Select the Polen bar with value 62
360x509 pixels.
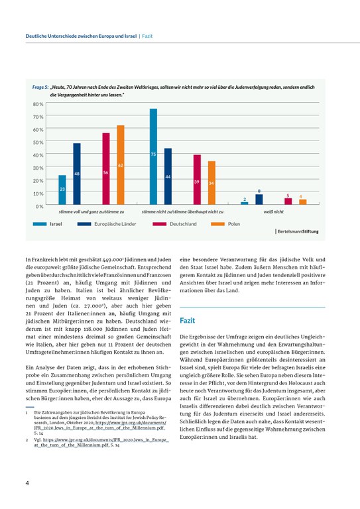pyautogui.click(x=121, y=166)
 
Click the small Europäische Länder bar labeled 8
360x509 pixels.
pyautogui.click(x=259, y=200)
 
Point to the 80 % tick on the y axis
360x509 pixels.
pyautogui.click(x=38, y=105)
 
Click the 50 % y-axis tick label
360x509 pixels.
pyautogui.click(x=38, y=142)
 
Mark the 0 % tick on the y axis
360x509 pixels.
pyautogui.click(x=39, y=206)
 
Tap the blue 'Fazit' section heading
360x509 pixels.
pyautogui.click(x=188, y=319)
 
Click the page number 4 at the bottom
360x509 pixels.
pyautogui.click(x=27, y=482)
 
